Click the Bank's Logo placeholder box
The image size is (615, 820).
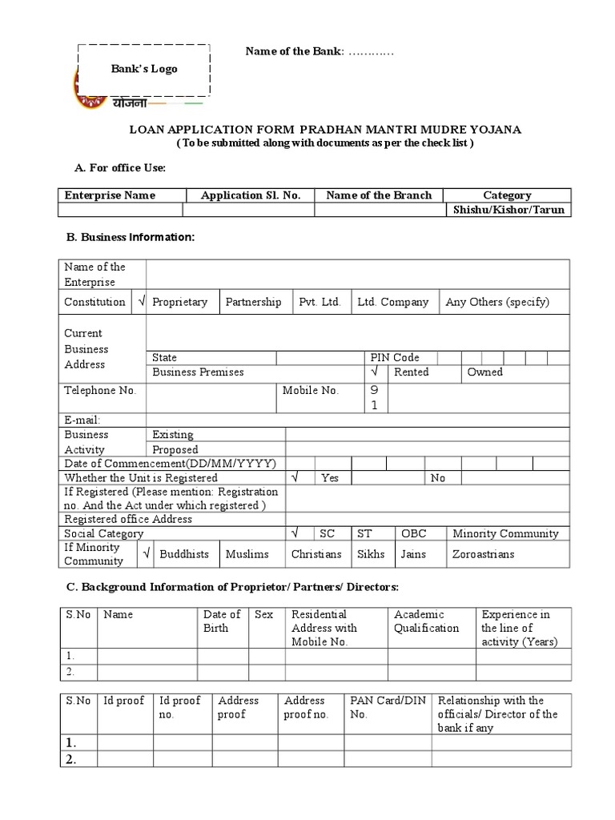click(x=144, y=70)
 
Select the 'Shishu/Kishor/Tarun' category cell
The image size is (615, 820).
click(x=508, y=210)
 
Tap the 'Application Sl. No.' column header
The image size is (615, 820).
click(x=251, y=195)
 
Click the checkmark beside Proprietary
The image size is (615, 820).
click(x=141, y=302)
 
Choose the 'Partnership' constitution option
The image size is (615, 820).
click(x=253, y=302)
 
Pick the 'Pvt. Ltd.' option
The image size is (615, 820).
click(x=320, y=302)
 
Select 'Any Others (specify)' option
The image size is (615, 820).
click(x=497, y=302)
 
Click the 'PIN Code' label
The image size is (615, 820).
click(x=394, y=357)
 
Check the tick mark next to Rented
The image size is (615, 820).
click(x=374, y=372)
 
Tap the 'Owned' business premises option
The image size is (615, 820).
click(x=485, y=372)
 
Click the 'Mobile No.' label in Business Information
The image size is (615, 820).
click(x=311, y=391)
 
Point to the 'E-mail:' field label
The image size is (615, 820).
click(x=82, y=420)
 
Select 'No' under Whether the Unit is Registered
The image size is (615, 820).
click(x=438, y=477)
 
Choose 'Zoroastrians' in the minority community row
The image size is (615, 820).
click(x=484, y=553)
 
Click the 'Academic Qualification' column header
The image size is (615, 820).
click(x=427, y=621)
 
